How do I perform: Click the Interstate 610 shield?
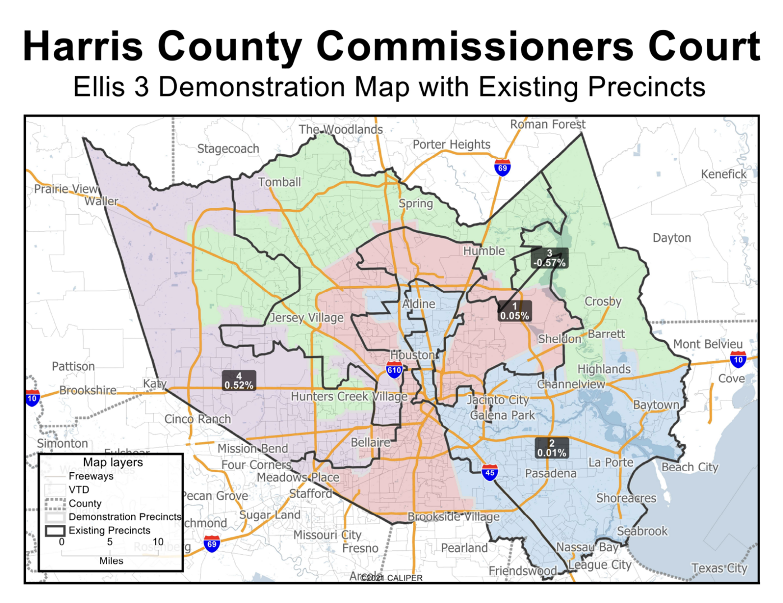tap(394, 370)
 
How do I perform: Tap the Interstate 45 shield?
tap(490, 472)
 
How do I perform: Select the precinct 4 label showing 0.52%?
tap(239, 381)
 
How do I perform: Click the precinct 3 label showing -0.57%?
tap(550, 258)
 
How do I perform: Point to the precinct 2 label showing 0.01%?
tap(551, 448)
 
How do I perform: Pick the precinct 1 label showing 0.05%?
tap(514, 311)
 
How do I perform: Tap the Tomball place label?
tap(279, 182)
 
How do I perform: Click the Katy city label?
tap(154, 384)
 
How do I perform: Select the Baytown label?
tap(656, 405)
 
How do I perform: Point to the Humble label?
tap(483, 251)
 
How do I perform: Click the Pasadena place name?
tap(550, 473)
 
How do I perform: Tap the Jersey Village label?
tap(307, 318)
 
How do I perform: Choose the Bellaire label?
tap(370, 443)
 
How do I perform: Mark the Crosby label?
tap(603, 302)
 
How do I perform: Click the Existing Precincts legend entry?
tap(109, 530)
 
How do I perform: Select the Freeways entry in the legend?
tap(91, 476)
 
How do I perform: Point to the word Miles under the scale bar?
tap(111, 561)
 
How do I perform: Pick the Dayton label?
tap(671, 238)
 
